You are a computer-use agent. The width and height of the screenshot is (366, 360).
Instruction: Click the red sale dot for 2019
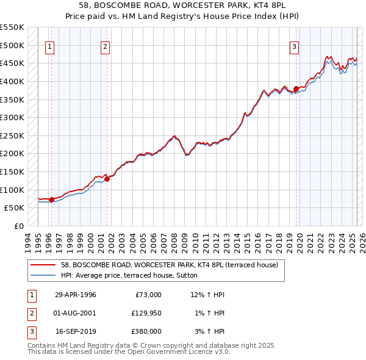click(296, 88)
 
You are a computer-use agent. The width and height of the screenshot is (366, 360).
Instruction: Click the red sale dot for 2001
click(107, 179)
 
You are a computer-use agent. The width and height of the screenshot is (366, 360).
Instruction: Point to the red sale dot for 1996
click(51, 200)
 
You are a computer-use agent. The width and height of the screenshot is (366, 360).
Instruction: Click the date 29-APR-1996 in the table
click(75, 295)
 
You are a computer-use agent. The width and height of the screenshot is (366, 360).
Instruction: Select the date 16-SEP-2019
click(75, 331)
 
